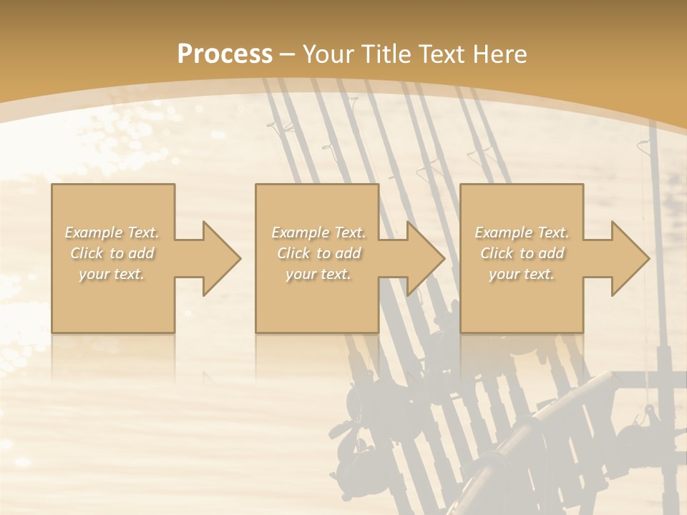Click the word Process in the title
225,54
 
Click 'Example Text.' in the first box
112,232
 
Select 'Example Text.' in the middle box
318,232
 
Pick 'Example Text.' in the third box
522,232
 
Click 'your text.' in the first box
112,274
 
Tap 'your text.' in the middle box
318,274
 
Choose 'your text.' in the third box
522,274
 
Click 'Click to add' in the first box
112,253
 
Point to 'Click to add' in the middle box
318,253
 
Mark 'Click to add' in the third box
522,253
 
